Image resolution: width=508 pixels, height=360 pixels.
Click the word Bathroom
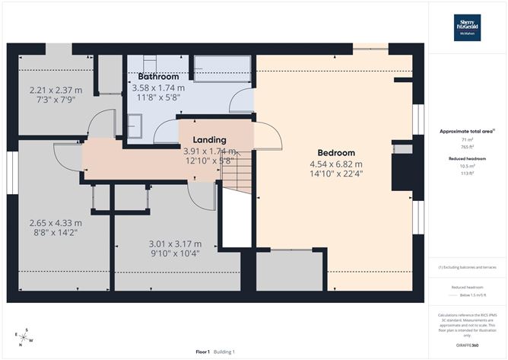(158, 77)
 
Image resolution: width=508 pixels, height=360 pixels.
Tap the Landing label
(208, 140)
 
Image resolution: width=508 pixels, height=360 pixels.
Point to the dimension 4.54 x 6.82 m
(335, 164)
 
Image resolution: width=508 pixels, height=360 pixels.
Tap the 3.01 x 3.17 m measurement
(174, 244)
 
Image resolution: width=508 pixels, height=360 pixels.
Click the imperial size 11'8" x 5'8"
(158, 97)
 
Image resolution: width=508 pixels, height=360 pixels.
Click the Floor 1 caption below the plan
(202, 352)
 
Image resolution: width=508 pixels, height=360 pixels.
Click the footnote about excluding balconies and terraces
(466, 268)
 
